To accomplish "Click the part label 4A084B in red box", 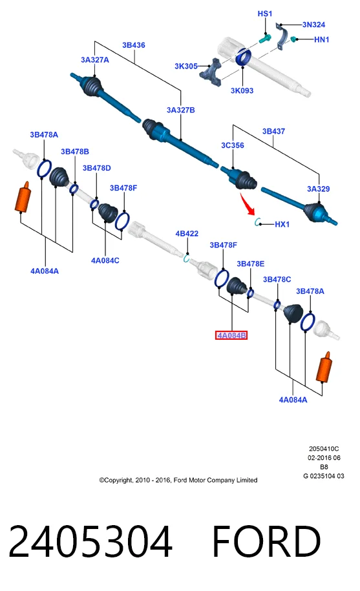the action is pos(231,335).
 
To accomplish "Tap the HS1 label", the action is pos(264,14).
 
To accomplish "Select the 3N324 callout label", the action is pos(313,25).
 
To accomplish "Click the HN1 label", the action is pos(322,39).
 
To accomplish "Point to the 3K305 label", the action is pos(186,67).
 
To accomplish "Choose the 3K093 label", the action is pos(242,90).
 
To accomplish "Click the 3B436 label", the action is pos(133,45).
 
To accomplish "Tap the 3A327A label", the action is pos(95,60).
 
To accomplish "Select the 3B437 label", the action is pos(273,131).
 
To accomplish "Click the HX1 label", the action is pos(282,224).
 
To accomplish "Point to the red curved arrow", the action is pos(248,204).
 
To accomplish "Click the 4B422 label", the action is pos(187,234).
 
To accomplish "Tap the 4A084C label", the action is pos(105,260).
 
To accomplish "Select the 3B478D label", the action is pos(97,168).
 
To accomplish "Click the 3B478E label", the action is pos(250,264).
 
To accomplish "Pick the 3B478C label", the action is pos(277,279).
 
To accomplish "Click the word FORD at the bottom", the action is pos(266,541).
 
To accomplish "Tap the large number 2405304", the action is pos(90,541).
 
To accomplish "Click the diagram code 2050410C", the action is pos(324,449).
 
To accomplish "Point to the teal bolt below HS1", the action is pos(266,39).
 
